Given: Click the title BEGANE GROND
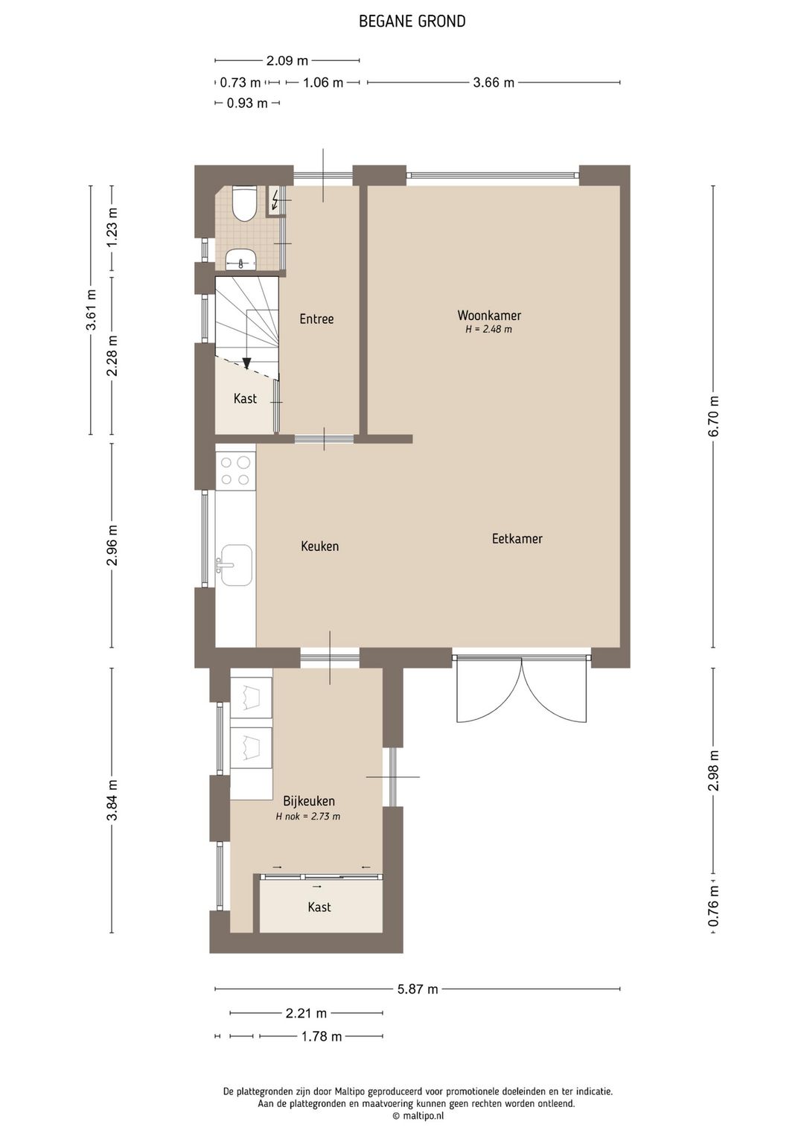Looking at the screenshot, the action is tap(412, 22).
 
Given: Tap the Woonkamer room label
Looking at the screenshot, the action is tap(489, 315).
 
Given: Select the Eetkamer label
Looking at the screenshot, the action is tap(517, 538).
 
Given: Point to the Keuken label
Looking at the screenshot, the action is tap(319, 546).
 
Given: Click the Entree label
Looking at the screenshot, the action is tap(316, 319).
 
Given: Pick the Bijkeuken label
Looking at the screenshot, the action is tap(309, 801).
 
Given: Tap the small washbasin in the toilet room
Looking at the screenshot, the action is tap(241, 259).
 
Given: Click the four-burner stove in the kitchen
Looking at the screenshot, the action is tap(235, 471).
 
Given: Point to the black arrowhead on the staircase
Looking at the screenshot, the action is tap(246, 363).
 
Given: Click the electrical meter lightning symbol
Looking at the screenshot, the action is tap(275, 200).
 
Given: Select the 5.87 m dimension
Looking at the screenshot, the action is tap(418, 989).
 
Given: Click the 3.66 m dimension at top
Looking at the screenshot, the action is tap(494, 82).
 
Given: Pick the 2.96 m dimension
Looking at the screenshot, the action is tap(112, 545).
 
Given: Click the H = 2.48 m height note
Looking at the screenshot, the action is tap(489, 329).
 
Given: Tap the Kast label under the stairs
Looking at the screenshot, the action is tap(245, 398).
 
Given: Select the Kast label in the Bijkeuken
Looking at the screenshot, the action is tap(319, 906).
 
